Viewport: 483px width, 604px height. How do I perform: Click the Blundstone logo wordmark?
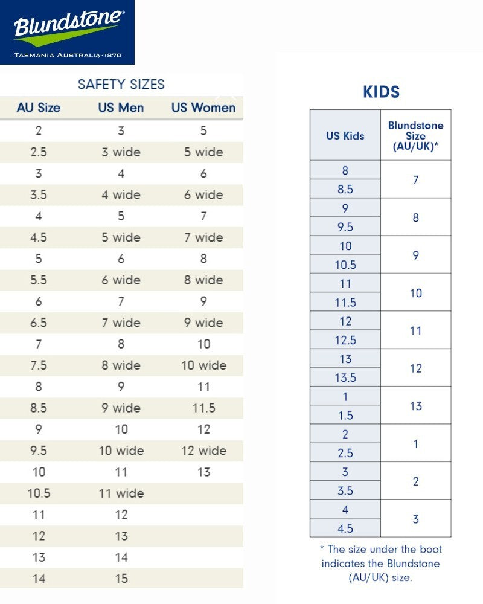click(67, 25)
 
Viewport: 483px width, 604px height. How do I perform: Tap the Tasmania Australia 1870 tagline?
click(67, 55)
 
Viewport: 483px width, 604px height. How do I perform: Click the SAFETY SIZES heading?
click(121, 85)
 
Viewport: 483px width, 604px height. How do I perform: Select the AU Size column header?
click(39, 108)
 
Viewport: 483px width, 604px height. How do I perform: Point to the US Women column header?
click(203, 108)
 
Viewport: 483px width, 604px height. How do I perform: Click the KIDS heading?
click(381, 92)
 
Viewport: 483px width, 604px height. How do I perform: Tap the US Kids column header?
click(345, 135)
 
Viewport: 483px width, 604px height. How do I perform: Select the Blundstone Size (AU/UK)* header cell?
click(415, 135)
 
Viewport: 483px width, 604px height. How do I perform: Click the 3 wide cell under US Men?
click(121, 152)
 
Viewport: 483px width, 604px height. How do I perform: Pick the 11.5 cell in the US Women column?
click(203, 408)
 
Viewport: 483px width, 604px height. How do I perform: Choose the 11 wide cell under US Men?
click(121, 493)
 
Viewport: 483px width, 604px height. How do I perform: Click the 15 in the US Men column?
click(121, 579)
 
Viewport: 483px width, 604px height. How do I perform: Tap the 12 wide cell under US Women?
click(203, 451)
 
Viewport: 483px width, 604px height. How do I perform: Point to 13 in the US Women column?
click(203, 472)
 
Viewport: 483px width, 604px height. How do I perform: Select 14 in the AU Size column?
click(39, 579)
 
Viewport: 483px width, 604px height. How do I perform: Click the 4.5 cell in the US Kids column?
click(345, 528)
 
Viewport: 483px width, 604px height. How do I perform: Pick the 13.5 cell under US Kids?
click(345, 377)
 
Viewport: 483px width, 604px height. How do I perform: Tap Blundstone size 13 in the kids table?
click(415, 406)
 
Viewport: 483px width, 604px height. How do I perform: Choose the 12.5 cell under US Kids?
click(345, 340)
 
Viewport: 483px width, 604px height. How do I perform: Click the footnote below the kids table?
click(380, 564)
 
